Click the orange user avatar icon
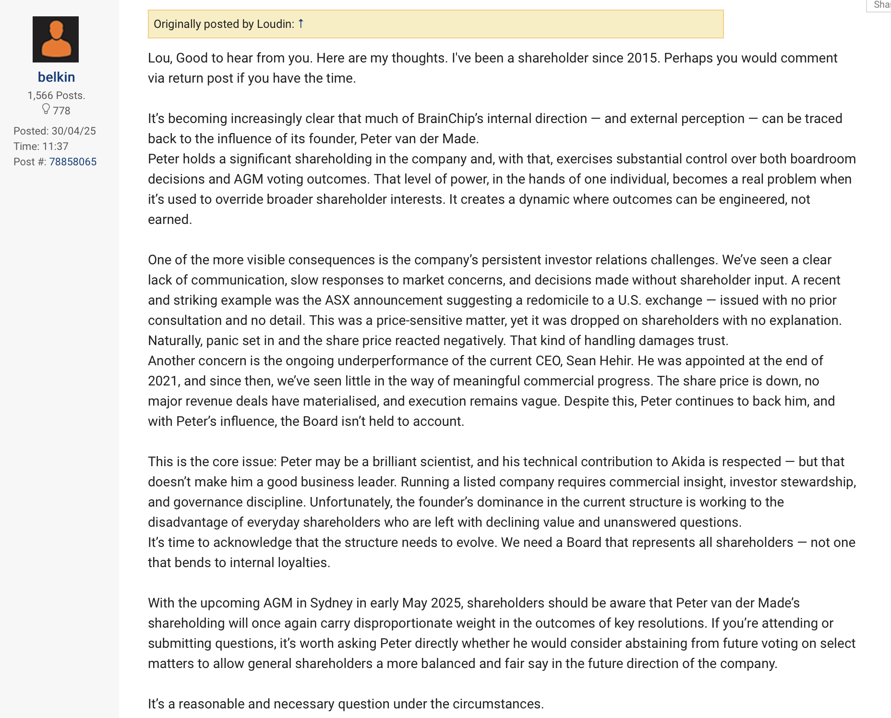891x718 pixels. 56,39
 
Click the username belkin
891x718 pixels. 56,77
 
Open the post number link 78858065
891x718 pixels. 72,161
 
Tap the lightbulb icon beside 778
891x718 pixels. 46,109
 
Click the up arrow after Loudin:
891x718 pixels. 301,23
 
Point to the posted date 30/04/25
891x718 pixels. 74,131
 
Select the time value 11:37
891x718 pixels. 55,146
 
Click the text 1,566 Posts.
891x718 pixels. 56,95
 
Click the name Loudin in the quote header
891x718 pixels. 275,24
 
